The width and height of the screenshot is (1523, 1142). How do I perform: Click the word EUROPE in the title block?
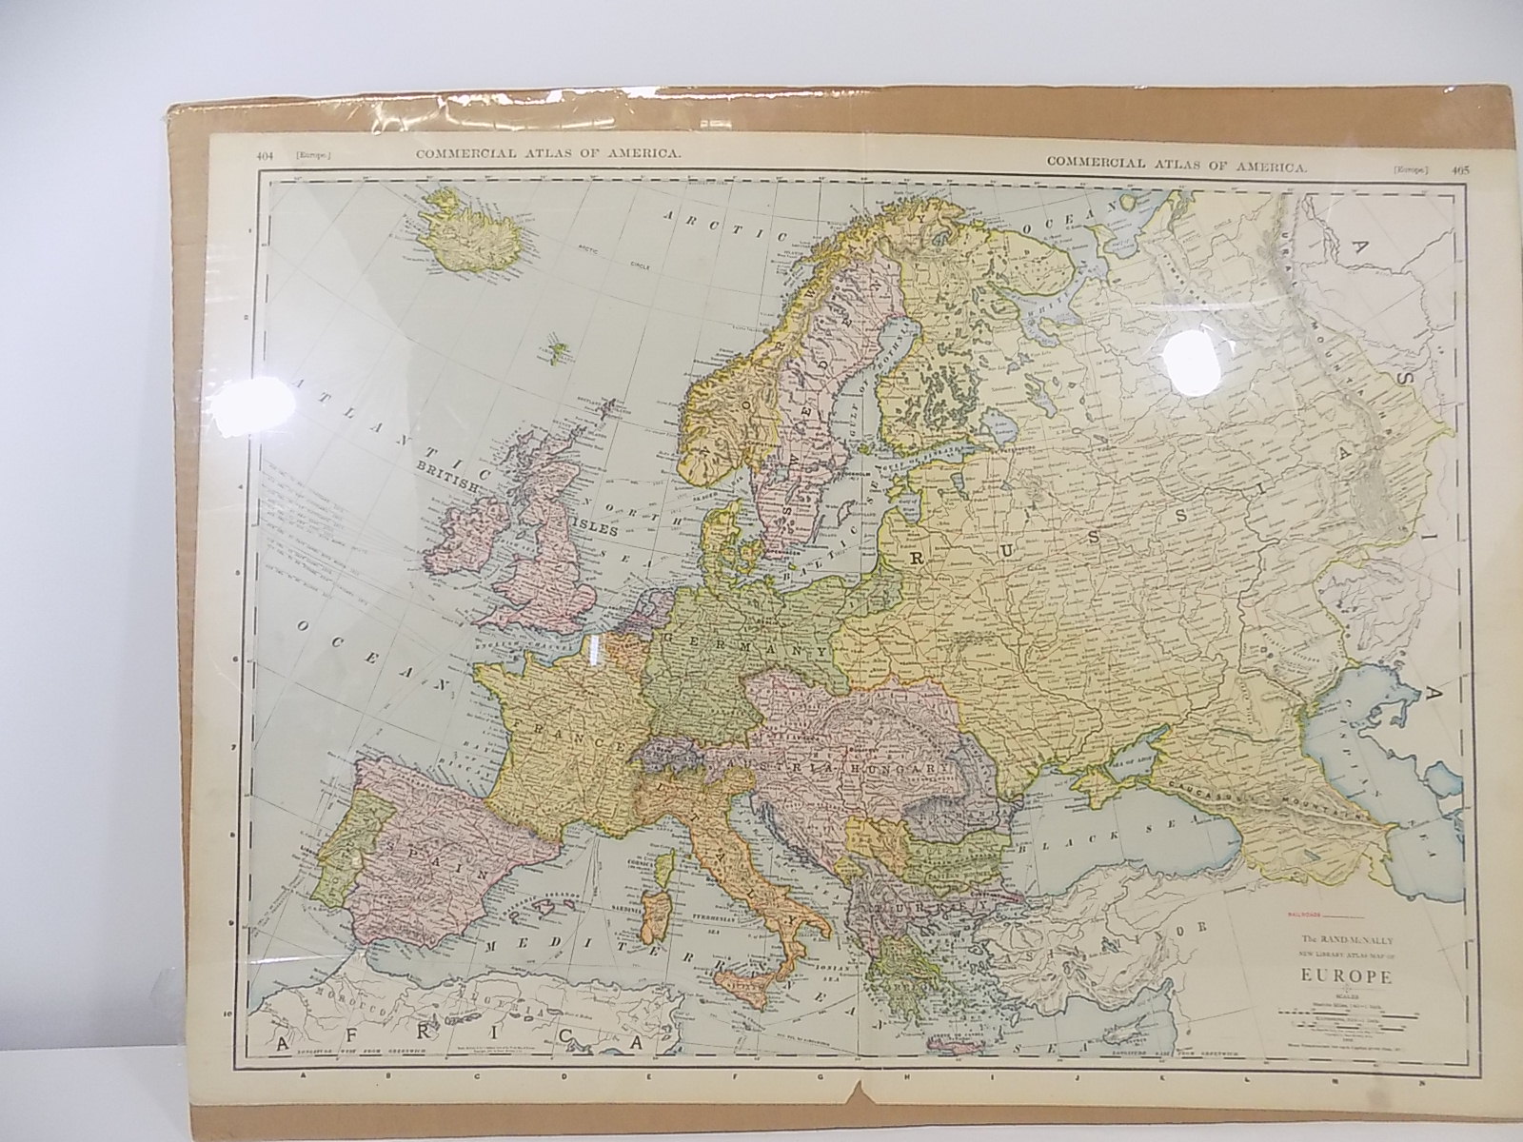point(1341,980)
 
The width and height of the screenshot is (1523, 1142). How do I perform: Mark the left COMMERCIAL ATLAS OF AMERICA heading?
point(547,156)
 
